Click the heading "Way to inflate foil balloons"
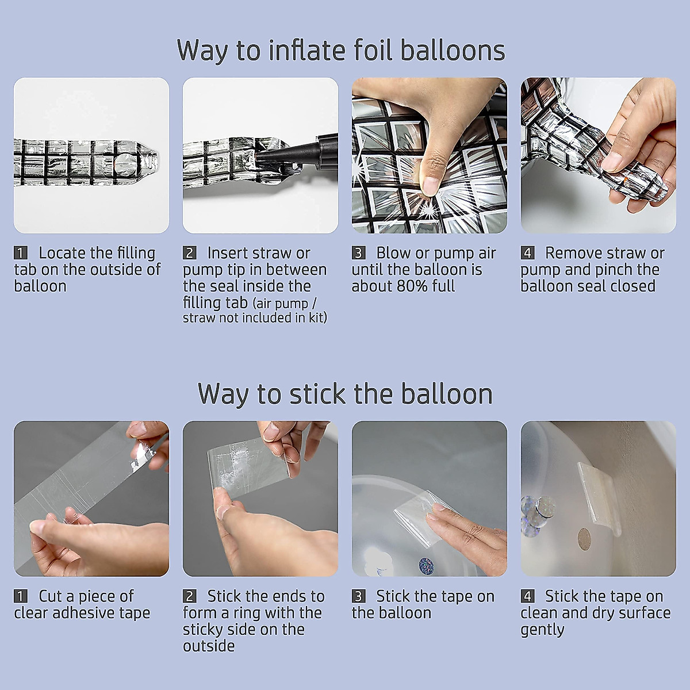point(341,51)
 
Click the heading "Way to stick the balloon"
point(345,394)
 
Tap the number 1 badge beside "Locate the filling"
point(20,253)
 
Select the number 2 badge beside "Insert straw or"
point(189,253)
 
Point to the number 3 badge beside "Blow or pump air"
point(358,253)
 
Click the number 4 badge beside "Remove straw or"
point(527,253)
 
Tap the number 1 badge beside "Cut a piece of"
point(20,596)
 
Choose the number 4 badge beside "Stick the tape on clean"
point(527,596)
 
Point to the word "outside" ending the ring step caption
point(209,646)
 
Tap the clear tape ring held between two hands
point(248,466)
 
